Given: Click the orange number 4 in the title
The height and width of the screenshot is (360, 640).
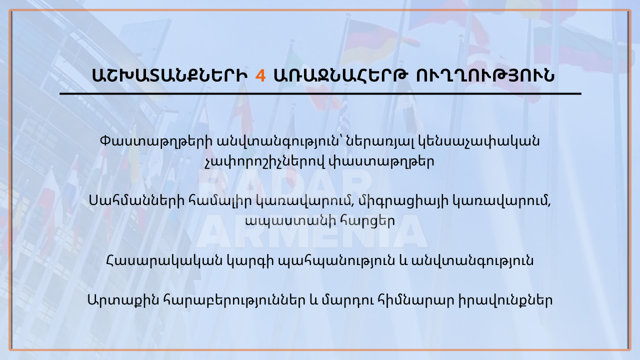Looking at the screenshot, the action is (x=260, y=75).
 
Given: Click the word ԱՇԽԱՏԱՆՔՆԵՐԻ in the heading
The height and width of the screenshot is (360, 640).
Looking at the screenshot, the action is (x=169, y=75).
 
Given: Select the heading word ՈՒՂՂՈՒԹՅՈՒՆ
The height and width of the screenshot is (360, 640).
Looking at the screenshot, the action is (x=485, y=75).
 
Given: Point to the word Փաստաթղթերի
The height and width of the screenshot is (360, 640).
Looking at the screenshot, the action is (x=156, y=141).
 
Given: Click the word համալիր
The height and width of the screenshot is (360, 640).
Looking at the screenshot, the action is (x=220, y=201).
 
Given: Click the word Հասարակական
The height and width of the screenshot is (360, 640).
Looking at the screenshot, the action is (x=164, y=260).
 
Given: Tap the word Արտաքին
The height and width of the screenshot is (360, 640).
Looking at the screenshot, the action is (x=123, y=300).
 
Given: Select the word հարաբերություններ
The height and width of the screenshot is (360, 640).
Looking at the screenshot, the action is (x=234, y=300).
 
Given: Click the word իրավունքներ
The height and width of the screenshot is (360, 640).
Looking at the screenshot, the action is (x=505, y=300).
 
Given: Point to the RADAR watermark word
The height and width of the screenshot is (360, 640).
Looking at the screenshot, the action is (x=285, y=187).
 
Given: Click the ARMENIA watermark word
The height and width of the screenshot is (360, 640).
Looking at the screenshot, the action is (x=311, y=231).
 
